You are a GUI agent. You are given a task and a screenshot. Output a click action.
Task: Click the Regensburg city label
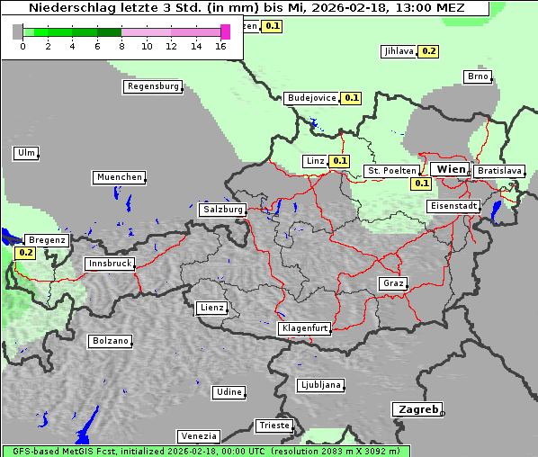click(152, 86)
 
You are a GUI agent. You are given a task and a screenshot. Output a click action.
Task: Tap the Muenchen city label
click(118, 177)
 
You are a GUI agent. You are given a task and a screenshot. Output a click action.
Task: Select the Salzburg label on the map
click(222, 209)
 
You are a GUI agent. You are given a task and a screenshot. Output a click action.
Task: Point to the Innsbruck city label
click(109, 264)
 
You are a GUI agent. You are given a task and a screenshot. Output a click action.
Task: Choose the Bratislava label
click(498, 170)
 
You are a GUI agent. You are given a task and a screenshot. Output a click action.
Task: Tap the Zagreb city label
click(416, 409)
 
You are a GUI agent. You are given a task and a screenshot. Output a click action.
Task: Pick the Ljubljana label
click(319, 385)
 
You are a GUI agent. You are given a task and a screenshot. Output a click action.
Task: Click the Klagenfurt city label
click(304, 328)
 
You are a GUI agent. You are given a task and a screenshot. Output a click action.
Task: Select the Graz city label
click(392, 283)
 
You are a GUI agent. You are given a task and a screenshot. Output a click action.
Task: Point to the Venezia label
click(198, 436)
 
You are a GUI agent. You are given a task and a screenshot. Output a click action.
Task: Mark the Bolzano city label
click(110, 341)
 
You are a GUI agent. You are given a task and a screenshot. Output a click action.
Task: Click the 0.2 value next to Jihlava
click(429, 51)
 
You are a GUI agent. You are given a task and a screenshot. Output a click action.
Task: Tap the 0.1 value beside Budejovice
click(351, 97)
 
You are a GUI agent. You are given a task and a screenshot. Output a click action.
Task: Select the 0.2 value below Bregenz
click(25, 253)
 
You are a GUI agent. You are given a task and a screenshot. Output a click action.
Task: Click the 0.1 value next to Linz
click(339, 161)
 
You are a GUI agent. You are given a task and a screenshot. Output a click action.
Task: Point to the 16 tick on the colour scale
click(221, 45)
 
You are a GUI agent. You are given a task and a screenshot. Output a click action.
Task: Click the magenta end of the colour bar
click(225, 32)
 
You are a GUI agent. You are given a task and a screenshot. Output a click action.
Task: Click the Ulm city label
click(26, 153)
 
